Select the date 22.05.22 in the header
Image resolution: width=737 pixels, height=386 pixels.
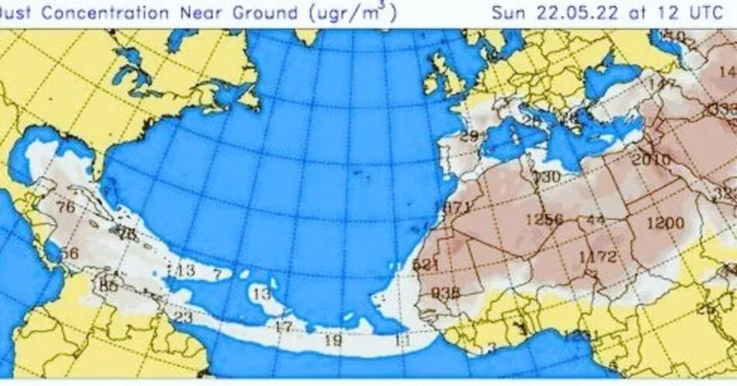pos(562,13)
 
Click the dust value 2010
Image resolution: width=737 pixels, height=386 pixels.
pos(650,160)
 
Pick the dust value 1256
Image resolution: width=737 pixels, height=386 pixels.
pos(544,219)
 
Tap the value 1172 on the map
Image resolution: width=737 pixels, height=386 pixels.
pos(597,257)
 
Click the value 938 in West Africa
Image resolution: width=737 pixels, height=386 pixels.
pos(445,292)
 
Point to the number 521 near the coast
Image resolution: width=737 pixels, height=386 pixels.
pos(426,264)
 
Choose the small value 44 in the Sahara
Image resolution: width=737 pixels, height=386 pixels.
pos(596,221)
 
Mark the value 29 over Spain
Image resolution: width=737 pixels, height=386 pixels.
pos(469,137)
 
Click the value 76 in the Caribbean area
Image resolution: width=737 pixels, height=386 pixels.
pos(66,206)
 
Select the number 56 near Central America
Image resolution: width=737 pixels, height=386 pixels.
pos(69,253)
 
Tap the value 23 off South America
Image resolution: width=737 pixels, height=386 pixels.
pos(182,317)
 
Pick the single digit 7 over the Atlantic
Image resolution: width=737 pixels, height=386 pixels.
pos(217,274)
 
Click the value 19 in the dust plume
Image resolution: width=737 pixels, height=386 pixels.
pos(333,339)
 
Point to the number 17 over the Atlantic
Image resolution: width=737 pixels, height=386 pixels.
pos(283,326)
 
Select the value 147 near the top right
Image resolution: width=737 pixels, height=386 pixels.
pos(663,84)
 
